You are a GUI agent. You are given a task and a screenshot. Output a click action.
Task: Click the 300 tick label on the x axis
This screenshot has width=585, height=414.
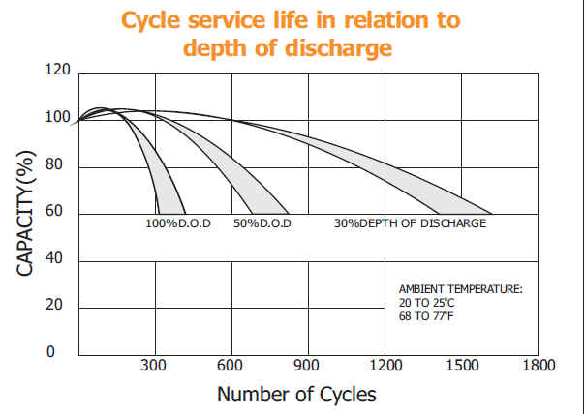point(153,366)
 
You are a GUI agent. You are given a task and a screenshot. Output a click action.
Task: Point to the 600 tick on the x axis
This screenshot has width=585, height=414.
point(231,366)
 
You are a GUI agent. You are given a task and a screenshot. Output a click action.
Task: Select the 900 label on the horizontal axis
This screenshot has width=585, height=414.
point(307,366)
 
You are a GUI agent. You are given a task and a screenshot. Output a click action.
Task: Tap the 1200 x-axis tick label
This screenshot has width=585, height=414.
point(385,366)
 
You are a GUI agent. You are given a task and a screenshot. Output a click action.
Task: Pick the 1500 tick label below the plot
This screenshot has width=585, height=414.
point(461,366)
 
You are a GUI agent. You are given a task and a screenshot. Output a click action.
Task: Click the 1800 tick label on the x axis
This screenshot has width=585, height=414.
point(539,366)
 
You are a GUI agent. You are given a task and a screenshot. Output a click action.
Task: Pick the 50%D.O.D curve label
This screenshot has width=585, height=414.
point(262,224)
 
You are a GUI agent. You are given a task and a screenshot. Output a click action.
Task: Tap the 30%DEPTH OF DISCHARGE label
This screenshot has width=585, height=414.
point(410,224)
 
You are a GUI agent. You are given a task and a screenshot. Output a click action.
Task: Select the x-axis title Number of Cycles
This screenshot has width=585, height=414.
point(296,395)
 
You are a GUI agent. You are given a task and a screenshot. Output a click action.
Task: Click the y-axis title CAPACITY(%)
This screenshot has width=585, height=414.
point(26,213)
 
